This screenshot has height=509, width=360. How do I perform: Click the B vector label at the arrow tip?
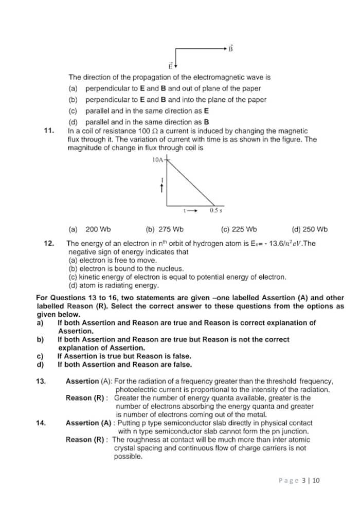tap(231, 49)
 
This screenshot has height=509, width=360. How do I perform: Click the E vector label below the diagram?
tap(170, 66)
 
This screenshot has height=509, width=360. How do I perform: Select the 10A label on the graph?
tap(158, 160)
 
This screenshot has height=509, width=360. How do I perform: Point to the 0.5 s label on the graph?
tap(216, 210)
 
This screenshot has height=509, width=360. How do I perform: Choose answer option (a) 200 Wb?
tap(90, 229)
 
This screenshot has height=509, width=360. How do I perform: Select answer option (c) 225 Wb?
tap(239, 229)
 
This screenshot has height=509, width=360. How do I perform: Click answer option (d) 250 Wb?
tap(309, 229)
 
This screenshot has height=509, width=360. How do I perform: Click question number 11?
tap(49, 131)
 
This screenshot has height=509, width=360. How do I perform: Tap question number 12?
tap(49, 244)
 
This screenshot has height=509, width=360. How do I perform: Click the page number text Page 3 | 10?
tap(299, 480)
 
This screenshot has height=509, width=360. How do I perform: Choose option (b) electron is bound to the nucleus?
tap(126, 268)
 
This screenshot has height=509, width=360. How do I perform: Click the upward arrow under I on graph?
tap(163, 189)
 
